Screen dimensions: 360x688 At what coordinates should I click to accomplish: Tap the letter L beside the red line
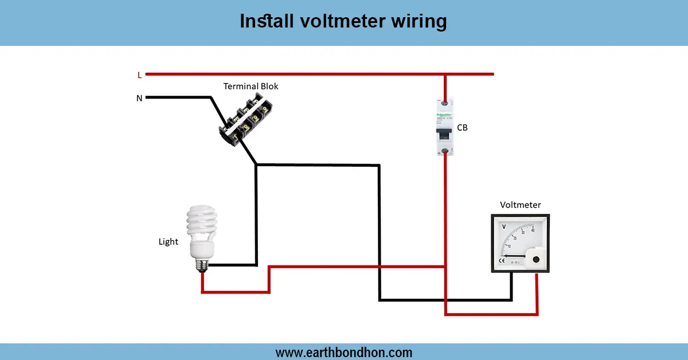click(139, 75)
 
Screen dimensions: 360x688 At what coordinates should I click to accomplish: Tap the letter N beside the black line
click(139, 98)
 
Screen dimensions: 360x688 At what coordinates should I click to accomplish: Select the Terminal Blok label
click(251, 87)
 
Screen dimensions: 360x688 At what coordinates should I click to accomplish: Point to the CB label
click(462, 128)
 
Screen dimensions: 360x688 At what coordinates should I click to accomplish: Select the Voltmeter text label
click(520, 205)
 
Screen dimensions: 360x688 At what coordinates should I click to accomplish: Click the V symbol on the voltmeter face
click(504, 227)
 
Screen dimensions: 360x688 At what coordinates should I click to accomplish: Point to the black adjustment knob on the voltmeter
click(536, 259)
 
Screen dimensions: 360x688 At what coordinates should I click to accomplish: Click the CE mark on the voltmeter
click(501, 261)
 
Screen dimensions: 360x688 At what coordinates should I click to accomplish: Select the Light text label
click(169, 242)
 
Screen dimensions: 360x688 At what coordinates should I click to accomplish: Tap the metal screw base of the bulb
click(202, 264)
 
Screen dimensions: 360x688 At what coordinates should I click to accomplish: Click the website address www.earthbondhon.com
click(343, 352)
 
